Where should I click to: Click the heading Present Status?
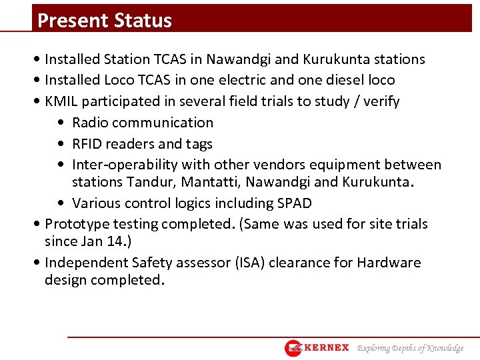click(105, 20)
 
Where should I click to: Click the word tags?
click(199, 144)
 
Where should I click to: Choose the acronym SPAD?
click(293, 203)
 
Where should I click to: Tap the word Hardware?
click(389, 263)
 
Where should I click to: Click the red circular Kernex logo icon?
click(294, 348)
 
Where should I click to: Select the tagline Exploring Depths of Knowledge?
click(410, 348)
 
